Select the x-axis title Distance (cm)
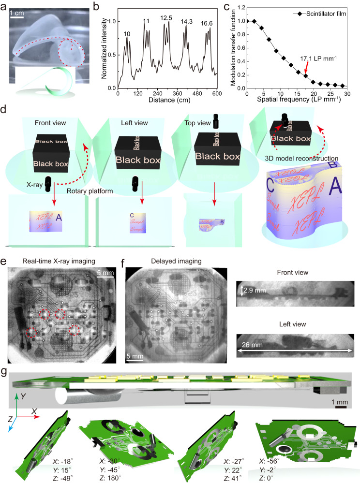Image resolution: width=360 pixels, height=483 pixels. tap(168, 102)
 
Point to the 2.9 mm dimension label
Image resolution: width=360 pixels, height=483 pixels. tap(253, 291)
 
